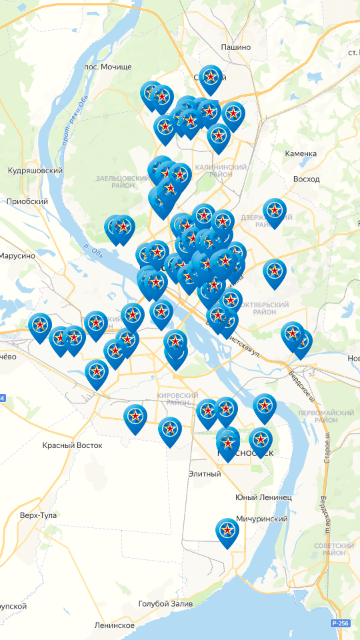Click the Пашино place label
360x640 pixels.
235,47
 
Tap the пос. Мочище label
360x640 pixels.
108,67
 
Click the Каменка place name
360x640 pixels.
301,154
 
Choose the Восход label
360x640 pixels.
306,179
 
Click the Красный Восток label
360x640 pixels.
72,445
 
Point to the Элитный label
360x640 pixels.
204,474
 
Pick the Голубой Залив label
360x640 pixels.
165,604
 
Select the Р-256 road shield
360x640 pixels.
339,623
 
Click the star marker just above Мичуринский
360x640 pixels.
227,531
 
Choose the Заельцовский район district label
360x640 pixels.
121,183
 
